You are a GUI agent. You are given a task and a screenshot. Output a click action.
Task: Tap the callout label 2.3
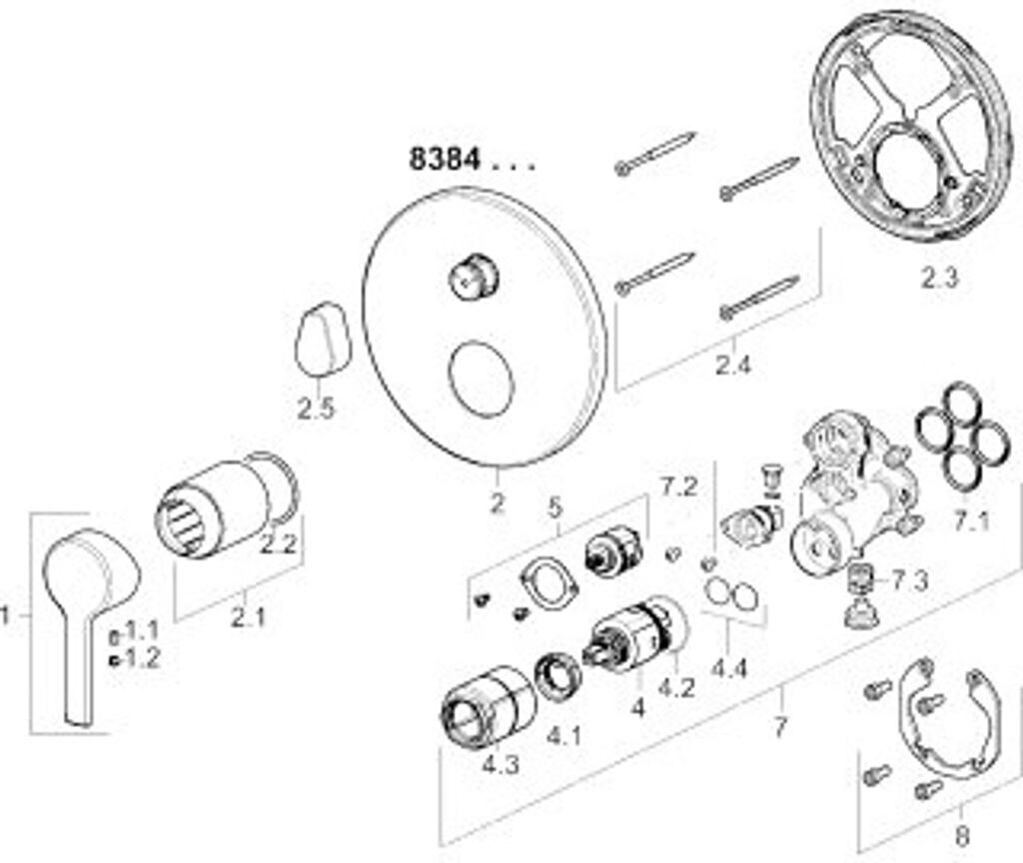coord(938,279)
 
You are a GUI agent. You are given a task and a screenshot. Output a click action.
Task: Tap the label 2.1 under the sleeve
coord(248,618)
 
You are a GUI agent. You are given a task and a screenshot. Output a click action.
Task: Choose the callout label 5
coord(556,506)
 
